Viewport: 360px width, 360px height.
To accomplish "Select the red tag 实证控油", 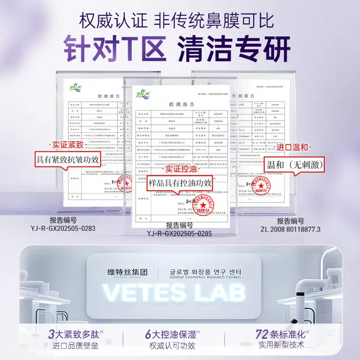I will click(x=180, y=168).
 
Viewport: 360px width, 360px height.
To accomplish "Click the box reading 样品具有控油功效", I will click(x=180, y=183).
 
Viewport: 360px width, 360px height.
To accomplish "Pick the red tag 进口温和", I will click(x=292, y=147).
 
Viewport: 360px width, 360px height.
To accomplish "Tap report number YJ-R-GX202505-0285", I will click(x=179, y=233).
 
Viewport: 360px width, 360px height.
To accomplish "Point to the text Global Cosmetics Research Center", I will click(x=205, y=277).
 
